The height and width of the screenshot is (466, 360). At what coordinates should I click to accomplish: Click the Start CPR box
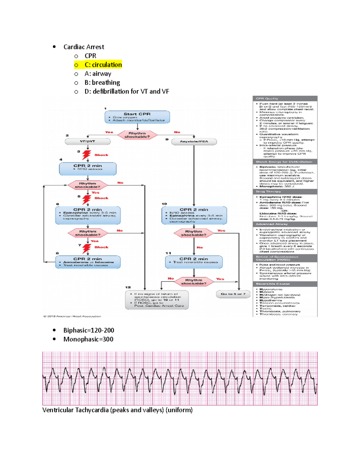click(x=137, y=117)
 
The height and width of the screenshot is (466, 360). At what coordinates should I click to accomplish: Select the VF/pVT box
click(x=88, y=141)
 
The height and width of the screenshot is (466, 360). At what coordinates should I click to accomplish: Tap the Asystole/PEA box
click(x=194, y=142)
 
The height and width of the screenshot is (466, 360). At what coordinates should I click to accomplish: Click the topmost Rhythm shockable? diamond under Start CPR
click(x=137, y=135)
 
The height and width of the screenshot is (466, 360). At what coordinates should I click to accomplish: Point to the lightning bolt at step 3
click(x=86, y=155)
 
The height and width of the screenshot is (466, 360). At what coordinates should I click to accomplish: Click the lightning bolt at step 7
click(x=86, y=248)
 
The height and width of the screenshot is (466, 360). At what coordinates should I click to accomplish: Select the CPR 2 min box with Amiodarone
click(x=88, y=262)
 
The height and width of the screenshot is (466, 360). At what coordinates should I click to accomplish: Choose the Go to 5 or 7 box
click(x=233, y=294)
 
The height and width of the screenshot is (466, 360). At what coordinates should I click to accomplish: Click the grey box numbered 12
click(x=157, y=300)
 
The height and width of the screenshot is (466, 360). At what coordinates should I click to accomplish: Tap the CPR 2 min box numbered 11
click(x=194, y=262)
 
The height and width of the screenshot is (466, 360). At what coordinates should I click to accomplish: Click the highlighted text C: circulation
click(x=103, y=65)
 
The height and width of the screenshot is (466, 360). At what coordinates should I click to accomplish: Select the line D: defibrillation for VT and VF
click(x=127, y=92)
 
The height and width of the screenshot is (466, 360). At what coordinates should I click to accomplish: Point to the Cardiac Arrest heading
click(x=84, y=47)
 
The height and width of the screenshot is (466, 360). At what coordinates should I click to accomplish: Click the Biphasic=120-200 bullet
click(x=88, y=330)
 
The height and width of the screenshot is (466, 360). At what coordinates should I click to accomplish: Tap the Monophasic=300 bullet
click(x=88, y=339)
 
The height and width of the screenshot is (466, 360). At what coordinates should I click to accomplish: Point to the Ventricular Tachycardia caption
click(x=117, y=410)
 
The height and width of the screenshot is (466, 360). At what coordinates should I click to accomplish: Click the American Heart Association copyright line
click(x=72, y=316)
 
